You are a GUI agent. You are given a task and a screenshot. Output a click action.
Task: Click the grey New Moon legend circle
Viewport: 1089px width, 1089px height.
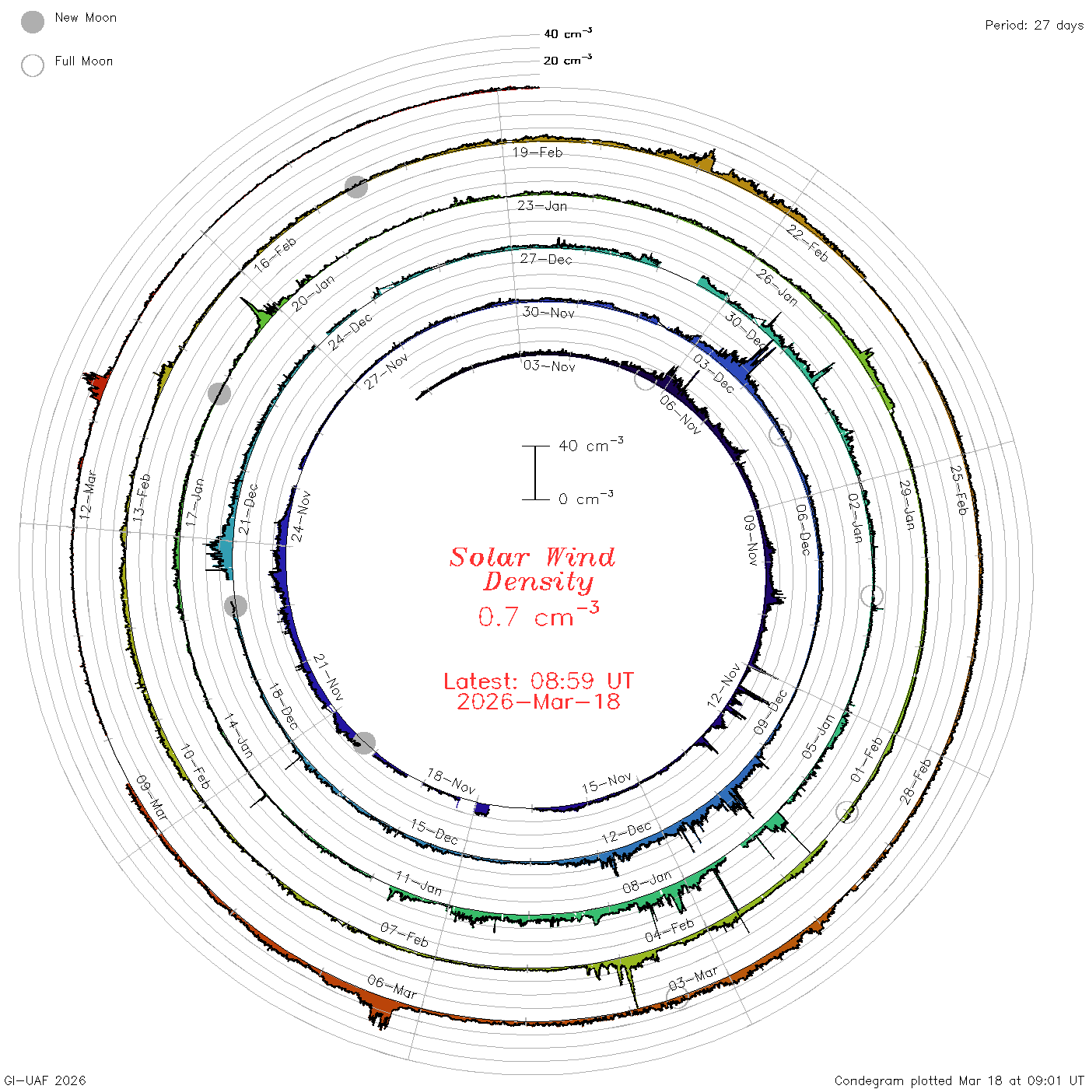click(x=32, y=22)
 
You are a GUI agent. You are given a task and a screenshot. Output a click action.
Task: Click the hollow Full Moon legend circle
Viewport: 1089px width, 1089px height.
click(x=32, y=65)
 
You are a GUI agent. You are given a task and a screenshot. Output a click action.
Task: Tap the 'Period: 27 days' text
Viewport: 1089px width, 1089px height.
click(x=1034, y=26)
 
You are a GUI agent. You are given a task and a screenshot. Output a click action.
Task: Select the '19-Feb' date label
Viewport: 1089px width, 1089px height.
click(x=537, y=152)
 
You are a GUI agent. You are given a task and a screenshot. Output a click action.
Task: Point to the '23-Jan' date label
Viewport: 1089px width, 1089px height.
click(x=541, y=205)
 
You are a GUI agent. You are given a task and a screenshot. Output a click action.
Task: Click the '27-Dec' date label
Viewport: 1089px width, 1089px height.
click(x=545, y=259)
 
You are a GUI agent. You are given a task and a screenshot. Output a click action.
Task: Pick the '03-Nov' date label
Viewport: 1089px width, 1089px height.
click(x=548, y=366)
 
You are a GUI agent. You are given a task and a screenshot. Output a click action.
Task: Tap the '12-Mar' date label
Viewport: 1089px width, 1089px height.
click(x=88, y=495)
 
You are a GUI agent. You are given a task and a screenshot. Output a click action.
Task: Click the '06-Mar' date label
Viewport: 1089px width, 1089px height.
click(x=391, y=986)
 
